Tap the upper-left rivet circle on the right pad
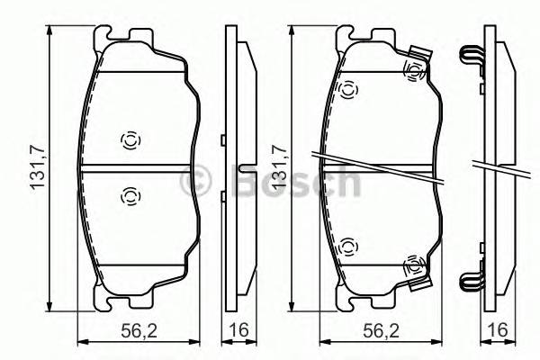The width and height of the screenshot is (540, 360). click(x=348, y=87)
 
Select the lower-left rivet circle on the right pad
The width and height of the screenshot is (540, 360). click(x=348, y=243)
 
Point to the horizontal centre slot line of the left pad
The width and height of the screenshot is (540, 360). click(x=135, y=166)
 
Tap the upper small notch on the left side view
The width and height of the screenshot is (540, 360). click(x=222, y=139)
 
